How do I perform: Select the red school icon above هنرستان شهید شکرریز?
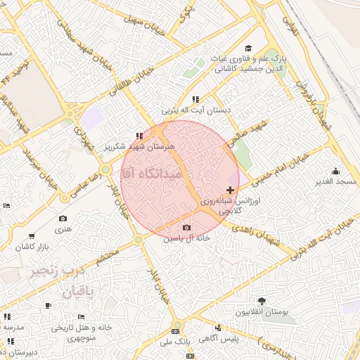coord(139,136)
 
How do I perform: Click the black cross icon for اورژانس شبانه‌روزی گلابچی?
coord(231,190)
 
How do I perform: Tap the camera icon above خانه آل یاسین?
coord(186,227)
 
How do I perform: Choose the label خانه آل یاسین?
coord(186,238)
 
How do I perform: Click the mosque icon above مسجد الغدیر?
coord(335,171)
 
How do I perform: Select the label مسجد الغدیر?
coord(336,182)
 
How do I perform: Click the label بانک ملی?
coord(175,342)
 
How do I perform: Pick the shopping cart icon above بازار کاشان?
coord(32,237)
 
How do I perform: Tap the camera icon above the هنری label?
coord(63,219)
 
